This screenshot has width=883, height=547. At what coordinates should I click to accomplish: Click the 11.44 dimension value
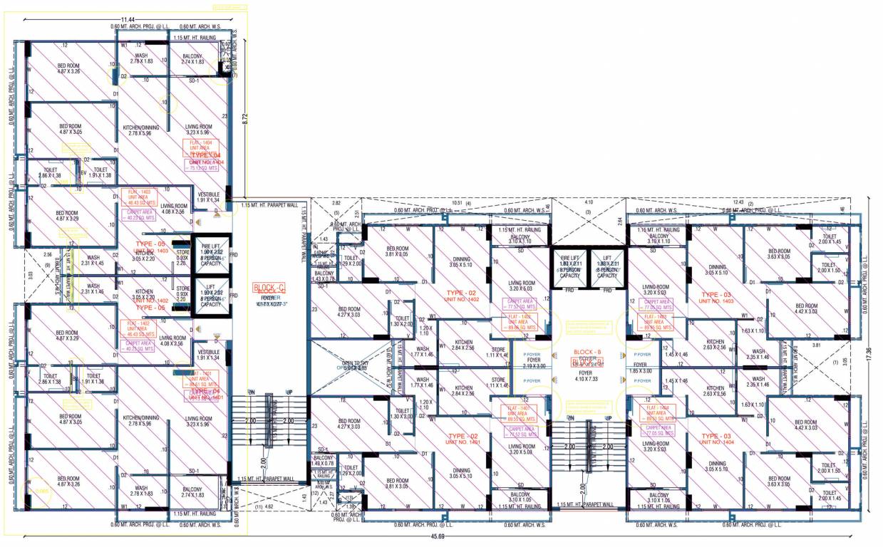pyautogui.click(x=128, y=20)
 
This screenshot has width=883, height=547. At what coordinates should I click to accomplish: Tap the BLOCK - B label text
pyautogui.click(x=588, y=351)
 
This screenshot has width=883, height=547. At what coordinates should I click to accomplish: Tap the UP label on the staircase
pyautogui.click(x=289, y=392)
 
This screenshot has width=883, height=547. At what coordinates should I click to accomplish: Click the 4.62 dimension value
pyautogui.click(x=269, y=507)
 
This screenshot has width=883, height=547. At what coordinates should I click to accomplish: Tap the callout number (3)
pyautogui.click(x=589, y=212)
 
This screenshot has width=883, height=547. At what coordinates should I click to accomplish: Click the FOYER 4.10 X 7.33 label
pyautogui.click(x=588, y=375)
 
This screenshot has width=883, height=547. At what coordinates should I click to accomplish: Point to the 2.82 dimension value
pyautogui.click(x=337, y=203)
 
